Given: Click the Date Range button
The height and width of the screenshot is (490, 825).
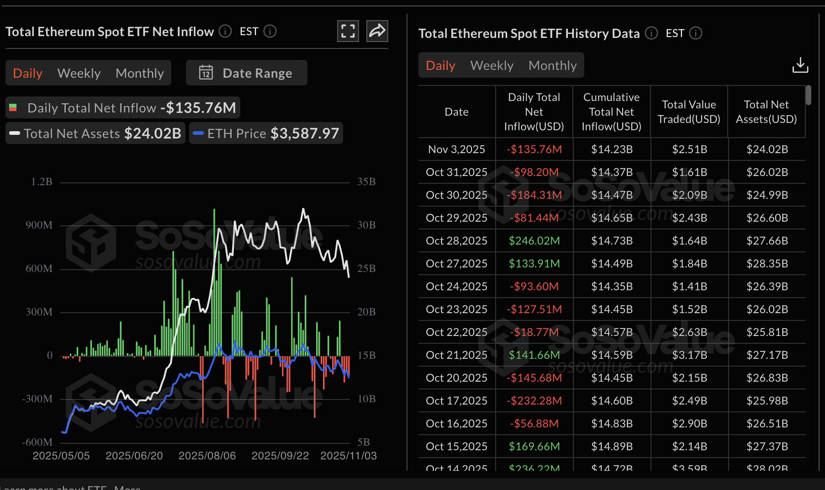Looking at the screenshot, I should [x=246, y=73].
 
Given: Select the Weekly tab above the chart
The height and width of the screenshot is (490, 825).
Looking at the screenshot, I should [x=79, y=73].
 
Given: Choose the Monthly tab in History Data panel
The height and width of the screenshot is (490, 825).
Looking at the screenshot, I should [x=552, y=65].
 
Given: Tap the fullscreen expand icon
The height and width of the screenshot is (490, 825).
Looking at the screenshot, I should [x=348, y=31].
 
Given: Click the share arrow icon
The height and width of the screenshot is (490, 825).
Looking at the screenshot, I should [x=377, y=31].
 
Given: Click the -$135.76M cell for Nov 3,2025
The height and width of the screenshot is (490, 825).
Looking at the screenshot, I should [x=534, y=149].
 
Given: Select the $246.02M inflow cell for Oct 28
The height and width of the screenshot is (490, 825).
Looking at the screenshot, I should [x=534, y=241].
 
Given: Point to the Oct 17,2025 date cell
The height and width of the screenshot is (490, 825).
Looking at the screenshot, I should [x=456, y=401].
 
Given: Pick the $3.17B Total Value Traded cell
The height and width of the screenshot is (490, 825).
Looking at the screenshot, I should [x=689, y=355].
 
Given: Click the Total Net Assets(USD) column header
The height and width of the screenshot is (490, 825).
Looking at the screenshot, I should [x=766, y=112].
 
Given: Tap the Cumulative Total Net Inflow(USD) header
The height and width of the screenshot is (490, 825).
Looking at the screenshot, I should [x=611, y=112].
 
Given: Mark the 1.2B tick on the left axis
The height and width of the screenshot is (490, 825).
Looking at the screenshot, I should [x=42, y=182].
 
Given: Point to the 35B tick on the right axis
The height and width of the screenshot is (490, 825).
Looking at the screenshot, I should [x=366, y=182].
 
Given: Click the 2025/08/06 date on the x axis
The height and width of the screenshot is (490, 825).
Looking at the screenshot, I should [x=207, y=456].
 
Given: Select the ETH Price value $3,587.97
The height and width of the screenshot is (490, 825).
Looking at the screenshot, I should [x=305, y=133].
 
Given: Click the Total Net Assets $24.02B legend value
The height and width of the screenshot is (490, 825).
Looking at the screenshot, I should [x=153, y=133].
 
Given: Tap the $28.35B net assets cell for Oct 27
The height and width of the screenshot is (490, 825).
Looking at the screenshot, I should [x=767, y=264].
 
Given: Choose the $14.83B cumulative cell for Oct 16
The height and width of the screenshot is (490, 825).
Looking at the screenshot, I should [x=612, y=424].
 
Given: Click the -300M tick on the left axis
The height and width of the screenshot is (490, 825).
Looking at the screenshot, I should [x=37, y=399].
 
